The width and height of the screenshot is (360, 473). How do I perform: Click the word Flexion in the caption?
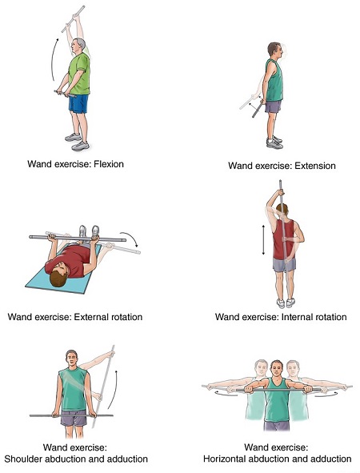pyautogui.click(x=109, y=164)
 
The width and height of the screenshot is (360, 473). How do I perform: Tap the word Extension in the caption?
pyautogui.click(x=314, y=166)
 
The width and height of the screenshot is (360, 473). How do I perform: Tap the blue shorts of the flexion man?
pyautogui.click(x=78, y=104)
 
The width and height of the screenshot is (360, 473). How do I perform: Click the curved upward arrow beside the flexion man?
pyautogui.click(x=54, y=59)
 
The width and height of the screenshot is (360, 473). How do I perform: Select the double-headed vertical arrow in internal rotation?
pyautogui.click(x=263, y=239)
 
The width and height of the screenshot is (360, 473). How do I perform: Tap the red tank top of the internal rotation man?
pyautogui.click(x=283, y=239)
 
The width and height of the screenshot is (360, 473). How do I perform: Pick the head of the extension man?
pyautogui.click(x=275, y=50)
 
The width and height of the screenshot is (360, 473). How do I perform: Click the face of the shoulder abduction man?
pyautogui.click(x=72, y=359)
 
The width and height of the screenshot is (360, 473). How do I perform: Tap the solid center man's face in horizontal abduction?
pyautogui.click(x=277, y=368)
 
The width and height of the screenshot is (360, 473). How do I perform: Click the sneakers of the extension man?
pyautogui.click(x=274, y=142)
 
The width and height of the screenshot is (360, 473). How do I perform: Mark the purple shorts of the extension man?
pyautogui.click(x=273, y=106)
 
